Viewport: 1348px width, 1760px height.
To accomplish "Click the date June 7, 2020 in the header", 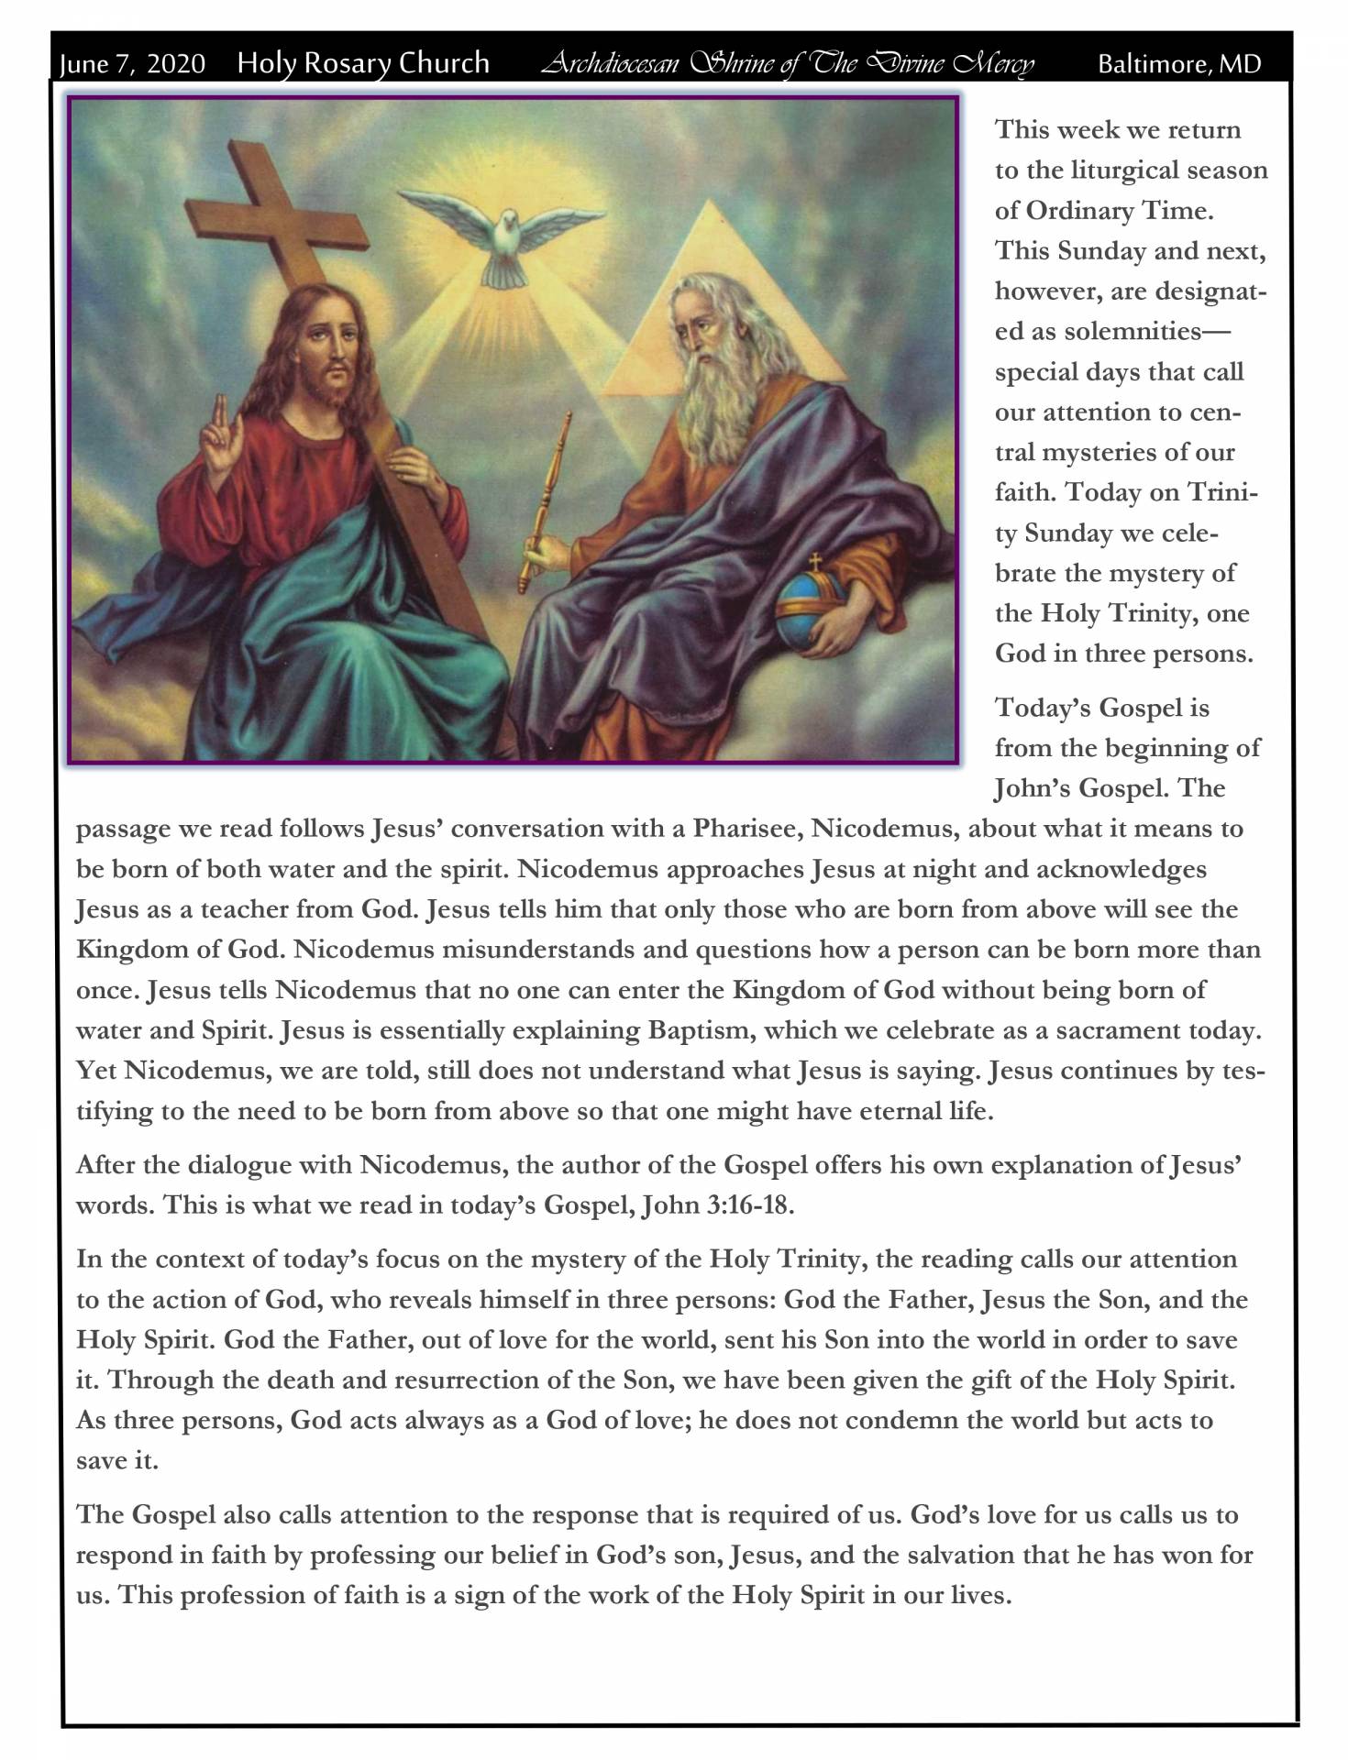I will [x=132, y=64].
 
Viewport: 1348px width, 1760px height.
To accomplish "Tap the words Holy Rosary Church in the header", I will [x=363, y=63].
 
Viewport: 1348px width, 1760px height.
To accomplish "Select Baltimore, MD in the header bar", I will [x=1179, y=64].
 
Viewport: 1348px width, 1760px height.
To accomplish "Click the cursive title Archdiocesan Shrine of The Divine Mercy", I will [x=787, y=64].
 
